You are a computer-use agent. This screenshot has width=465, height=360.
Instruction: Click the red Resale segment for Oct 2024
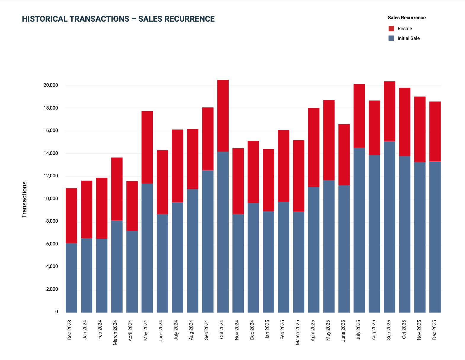tap(223, 116)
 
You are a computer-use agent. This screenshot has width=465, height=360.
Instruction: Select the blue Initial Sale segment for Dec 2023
tap(71, 278)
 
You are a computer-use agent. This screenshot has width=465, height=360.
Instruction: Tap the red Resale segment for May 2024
tap(147, 147)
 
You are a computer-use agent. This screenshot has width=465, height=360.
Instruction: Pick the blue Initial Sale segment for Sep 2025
tap(389, 227)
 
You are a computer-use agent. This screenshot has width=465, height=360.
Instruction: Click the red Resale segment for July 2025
tap(359, 116)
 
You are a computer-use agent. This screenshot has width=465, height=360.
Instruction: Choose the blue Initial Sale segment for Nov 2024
tap(238, 263)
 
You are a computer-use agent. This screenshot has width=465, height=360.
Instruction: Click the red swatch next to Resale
tap(391, 29)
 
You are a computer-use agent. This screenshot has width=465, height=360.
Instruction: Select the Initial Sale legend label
tap(408, 38)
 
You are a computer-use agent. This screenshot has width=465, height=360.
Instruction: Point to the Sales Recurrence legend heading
tap(407, 18)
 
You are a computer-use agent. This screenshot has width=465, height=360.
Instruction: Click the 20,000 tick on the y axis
tap(51, 85)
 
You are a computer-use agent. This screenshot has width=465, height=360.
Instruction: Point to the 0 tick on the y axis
tap(57, 312)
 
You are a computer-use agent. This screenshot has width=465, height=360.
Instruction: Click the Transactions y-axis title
tap(24, 200)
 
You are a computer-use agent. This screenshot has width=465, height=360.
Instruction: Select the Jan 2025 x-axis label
tap(267, 330)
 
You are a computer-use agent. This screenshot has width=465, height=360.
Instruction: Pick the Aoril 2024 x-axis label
tap(131, 330)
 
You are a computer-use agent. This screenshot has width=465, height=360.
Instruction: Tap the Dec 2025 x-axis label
tap(434, 330)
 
